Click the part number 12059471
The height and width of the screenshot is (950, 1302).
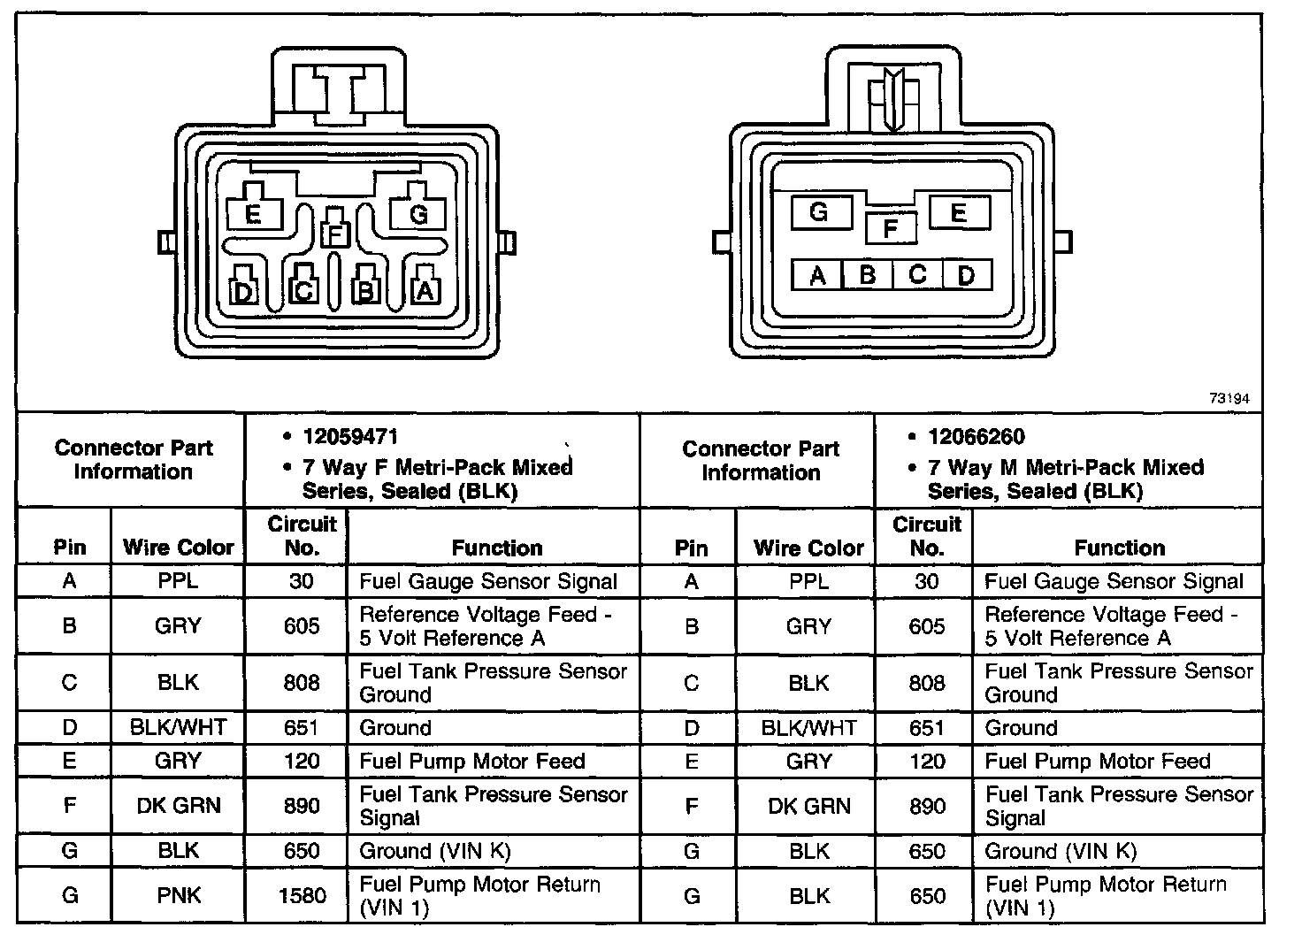tap(350, 437)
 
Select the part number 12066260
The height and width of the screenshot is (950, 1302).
tap(976, 437)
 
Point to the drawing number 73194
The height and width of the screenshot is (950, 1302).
tap(1229, 400)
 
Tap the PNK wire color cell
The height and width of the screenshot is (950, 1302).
tap(178, 895)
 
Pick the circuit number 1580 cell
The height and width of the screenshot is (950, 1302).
tap(302, 895)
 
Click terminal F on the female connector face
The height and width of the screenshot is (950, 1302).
tap(334, 234)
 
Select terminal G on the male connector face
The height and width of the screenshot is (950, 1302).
tap(818, 212)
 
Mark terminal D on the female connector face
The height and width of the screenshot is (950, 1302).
tap(243, 290)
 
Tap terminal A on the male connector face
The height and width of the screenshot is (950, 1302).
tap(817, 276)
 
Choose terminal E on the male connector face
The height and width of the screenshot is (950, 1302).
tap(959, 212)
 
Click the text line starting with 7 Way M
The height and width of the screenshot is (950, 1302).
tap(1066, 467)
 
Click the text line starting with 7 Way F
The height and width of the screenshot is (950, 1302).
tap(438, 467)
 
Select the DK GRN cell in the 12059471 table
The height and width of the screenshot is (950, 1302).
tap(178, 806)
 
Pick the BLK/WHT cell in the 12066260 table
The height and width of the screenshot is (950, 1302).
tap(808, 728)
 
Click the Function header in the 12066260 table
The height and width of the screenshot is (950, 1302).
tap(1119, 548)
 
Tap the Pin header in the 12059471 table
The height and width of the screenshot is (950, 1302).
tap(69, 548)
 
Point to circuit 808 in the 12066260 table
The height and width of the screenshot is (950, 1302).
tap(926, 683)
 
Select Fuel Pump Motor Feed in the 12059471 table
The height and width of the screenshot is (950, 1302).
tap(472, 762)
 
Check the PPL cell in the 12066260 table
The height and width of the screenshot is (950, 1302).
tap(808, 581)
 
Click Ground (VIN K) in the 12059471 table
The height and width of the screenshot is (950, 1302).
tap(435, 851)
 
